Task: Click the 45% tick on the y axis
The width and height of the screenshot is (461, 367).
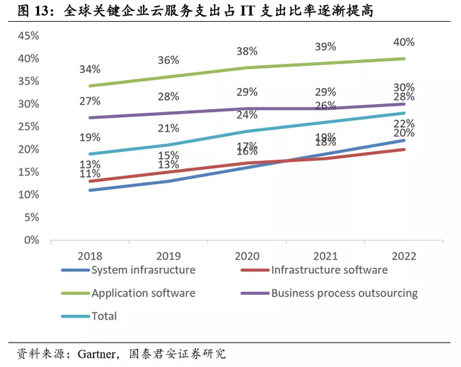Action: pyautogui.click(x=28, y=36)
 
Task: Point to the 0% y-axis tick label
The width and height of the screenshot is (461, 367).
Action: pyautogui.click(x=31, y=240)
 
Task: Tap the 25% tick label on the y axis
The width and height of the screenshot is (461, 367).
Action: pyautogui.click(x=28, y=126)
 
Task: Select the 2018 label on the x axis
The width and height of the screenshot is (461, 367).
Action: pyautogui.click(x=90, y=255)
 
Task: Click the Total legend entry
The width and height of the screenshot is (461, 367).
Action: pyautogui.click(x=104, y=316)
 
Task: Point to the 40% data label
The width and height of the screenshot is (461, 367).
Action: pyautogui.click(x=403, y=42)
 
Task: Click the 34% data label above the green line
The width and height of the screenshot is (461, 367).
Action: pyautogui.click(x=90, y=69)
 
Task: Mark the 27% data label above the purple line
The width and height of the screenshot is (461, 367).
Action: pyautogui.click(x=90, y=101)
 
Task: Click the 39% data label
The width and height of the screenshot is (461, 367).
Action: pyautogui.click(x=325, y=47)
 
